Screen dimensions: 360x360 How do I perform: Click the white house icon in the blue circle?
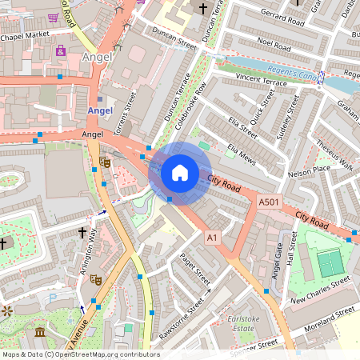(x=180, y=173)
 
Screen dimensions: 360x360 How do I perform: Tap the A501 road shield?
(x=269, y=205)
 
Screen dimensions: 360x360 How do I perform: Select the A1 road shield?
(x=212, y=238)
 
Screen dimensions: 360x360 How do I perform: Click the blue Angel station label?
(x=99, y=110)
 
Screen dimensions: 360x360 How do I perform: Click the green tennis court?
(x=329, y=262)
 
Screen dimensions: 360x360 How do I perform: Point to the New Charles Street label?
(x=320, y=291)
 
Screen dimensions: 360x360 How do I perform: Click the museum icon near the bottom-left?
(x=40, y=332)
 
